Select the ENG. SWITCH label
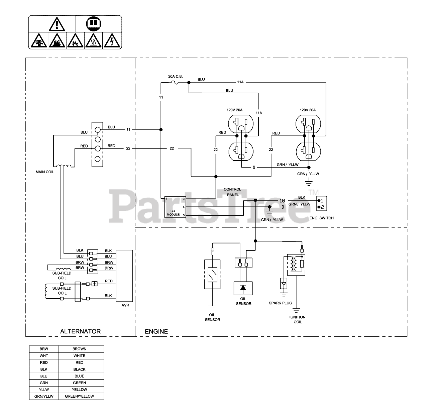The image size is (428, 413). pos(321,218)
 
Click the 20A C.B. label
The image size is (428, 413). pos(175,76)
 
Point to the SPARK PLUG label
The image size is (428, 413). pos(280,303)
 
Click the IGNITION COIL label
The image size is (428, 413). pos(298,319)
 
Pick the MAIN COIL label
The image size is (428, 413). pos(45,172)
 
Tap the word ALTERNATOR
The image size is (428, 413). pos(80,331)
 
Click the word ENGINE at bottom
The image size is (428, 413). pos(156,331)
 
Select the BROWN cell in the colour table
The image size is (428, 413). pos(79,349)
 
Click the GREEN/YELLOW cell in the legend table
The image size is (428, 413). pos(79,396)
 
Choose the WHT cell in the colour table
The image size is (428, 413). pos(44,356)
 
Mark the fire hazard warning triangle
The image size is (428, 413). pos(57,41)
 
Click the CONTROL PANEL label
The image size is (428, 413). pos(232,192)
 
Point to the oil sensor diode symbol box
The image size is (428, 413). pos(243,288)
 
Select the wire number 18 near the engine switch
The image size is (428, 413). pos(282,201)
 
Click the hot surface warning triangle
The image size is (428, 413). pos(93,41)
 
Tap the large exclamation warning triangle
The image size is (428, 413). pos(57,24)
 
